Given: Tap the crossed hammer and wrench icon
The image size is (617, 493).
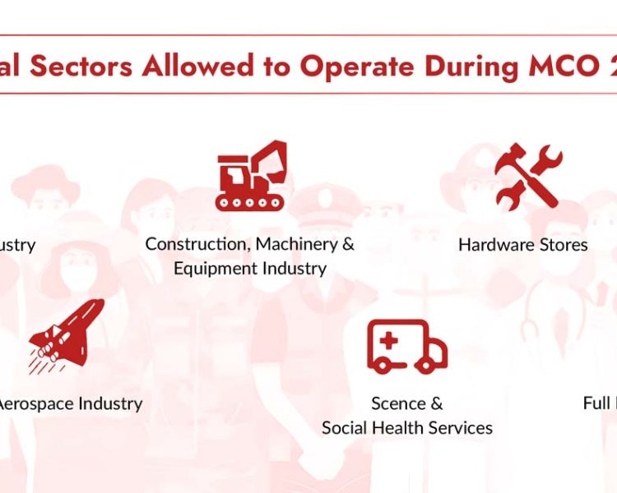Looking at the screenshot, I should [528, 175].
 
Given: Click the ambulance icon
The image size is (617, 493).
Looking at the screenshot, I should [407, 345].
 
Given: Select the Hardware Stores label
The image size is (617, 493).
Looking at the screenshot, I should [523, 244].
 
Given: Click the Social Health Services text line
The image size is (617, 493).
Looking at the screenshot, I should [407, 428].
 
